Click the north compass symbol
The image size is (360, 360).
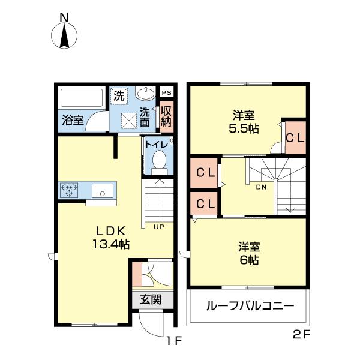tap(65, 35)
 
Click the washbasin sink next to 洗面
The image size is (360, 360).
tap(145, 94)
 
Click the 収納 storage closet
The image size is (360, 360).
tap(166, 115)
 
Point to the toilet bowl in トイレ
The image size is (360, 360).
tap(159, 160)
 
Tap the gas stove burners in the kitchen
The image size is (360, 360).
tap(70, 190)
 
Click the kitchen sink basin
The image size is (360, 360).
tap(103, 192)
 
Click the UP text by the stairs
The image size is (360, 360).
tap(159, 227)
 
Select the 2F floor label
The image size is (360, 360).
tap(301, 335)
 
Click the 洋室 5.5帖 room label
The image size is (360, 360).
tap(245, 122)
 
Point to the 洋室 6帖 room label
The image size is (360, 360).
tap(248, 253)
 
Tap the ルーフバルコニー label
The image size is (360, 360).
tap(250, 306)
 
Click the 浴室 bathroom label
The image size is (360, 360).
tap(73, 119)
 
